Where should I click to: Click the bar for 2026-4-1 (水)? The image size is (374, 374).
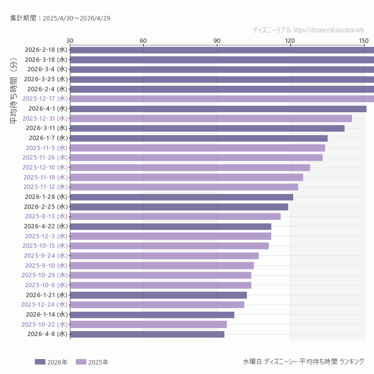[218, 108]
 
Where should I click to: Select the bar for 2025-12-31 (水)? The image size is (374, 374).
[211, 118]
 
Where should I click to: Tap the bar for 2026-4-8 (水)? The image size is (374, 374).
[147, 334]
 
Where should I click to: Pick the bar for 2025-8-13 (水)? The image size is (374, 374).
[175, 216]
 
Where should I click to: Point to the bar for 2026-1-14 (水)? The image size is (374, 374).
[152, 315]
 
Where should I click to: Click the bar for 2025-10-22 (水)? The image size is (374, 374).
[148, 324]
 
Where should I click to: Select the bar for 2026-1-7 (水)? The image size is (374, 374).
[198, 138]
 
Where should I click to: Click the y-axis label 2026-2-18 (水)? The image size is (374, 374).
[45, 50]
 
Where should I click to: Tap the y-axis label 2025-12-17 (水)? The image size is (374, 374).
[44, 99]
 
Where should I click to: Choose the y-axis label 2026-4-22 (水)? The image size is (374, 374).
[45, 226]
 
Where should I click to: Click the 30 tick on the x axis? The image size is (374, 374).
[70, 40]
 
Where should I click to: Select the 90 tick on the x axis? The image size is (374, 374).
[217, 40]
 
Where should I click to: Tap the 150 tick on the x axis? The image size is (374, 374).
[364, 40]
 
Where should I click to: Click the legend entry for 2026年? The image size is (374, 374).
[51, 362]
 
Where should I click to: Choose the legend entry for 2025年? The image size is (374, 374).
[92, 362]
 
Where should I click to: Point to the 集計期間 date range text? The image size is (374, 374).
[60, 18]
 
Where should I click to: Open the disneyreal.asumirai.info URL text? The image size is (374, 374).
[329, 30]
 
